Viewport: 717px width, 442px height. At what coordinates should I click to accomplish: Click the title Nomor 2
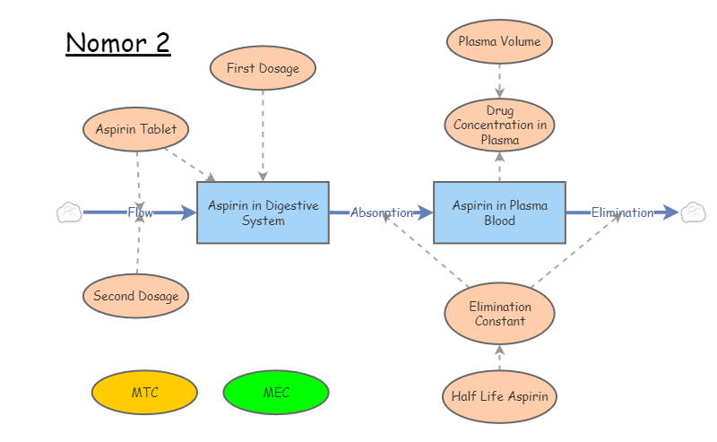(117, 42)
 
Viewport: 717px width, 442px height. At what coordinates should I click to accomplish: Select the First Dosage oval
(263, 68)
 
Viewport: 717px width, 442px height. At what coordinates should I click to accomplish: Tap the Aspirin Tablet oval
(136, 129)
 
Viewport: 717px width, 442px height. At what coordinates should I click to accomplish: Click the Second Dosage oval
(135, 296)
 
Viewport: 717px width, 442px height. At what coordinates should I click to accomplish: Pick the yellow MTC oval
(144, 393)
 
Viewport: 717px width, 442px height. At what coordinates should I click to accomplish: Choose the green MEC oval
(276, 393)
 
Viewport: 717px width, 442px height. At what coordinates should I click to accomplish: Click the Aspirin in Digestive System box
(263, 212)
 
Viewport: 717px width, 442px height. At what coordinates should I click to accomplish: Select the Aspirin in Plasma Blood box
(499, 212)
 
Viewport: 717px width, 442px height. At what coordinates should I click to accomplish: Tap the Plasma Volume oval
(499, 41)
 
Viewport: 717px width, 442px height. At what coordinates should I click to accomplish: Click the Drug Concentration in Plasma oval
(499, 126)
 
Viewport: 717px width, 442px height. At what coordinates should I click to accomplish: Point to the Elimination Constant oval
(499, 314)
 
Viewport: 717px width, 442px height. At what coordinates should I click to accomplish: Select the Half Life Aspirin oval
(499, 396)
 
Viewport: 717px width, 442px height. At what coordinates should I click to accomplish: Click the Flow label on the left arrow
(140, 212)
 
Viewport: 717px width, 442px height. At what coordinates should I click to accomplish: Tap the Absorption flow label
(381, 212)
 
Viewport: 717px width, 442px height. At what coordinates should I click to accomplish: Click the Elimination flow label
(622, 212)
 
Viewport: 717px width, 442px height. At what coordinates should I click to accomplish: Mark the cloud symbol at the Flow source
(69, 212)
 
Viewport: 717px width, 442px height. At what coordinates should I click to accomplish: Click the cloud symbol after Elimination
(693, 212)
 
